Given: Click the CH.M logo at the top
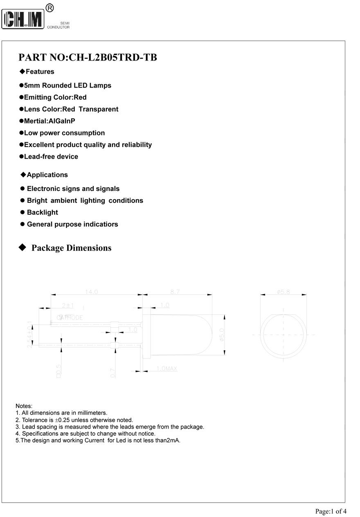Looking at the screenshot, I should tap(23, 19).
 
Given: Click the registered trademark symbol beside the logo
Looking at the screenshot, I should tap(49, 7).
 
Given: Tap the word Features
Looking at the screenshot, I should tap(40, 72).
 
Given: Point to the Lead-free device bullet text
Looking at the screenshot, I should tap(51, 157).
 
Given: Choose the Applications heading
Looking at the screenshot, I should tap(47, 175).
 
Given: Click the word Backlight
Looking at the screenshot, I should tap(42, 212).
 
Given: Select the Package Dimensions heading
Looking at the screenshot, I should tap(71, 248).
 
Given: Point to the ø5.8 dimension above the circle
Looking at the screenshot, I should tap(283, 292).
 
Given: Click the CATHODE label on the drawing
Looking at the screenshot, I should tap(70, 317).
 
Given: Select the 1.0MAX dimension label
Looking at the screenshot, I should tap(166, 369).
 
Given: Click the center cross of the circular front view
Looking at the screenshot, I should tap(283, 334).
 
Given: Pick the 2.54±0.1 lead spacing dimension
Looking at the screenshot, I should tap(29, 335).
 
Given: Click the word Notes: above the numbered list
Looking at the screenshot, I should tap(24, 406).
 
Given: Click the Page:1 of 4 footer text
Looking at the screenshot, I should tap(331, 511).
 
